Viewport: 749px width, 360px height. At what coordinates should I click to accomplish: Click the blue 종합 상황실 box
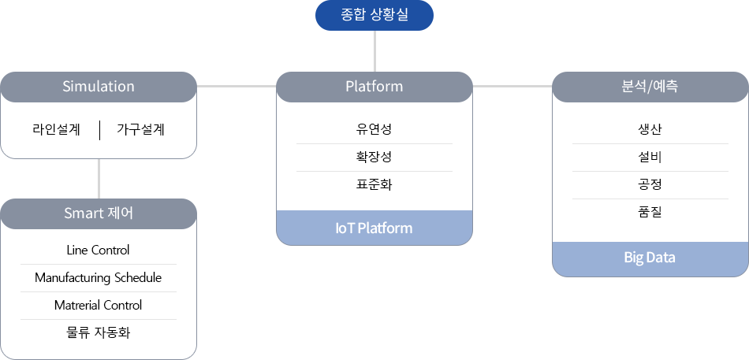[x=374, y=15]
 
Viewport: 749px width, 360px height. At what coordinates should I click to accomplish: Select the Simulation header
[x=99, y=87]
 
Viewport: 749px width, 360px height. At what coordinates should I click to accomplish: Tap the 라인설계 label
[x=56, y=130]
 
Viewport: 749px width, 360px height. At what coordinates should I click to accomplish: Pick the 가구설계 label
[x=140, y=130]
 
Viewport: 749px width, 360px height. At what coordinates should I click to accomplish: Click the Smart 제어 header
[x=99, y=213]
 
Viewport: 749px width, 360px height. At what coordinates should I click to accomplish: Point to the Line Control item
[x=98, y=251]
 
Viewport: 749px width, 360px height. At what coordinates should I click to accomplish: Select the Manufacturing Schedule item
[x=98, y=278]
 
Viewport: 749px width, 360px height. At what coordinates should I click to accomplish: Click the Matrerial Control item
[x=98, y=306]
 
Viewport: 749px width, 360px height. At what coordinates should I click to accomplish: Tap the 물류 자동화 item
[x=98, y=332]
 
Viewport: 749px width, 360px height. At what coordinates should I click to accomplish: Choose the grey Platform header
[x=374, y=87]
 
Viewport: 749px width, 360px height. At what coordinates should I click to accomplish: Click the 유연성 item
[x=374, y=129]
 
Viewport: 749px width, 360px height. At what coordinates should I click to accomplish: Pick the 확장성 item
[x=374, y=157]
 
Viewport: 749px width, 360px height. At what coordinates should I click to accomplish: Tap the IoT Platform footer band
[x=374, y=228]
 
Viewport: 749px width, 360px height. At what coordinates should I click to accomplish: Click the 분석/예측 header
[x=650, y=87]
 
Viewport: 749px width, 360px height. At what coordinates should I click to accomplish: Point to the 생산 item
[x=650, y=129]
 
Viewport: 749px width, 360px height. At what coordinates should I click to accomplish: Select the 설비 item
[x=650, y=157]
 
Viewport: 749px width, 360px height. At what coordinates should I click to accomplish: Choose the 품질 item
[x=650, y=213]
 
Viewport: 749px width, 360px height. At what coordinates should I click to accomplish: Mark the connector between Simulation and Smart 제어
[x=99, y=179]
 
